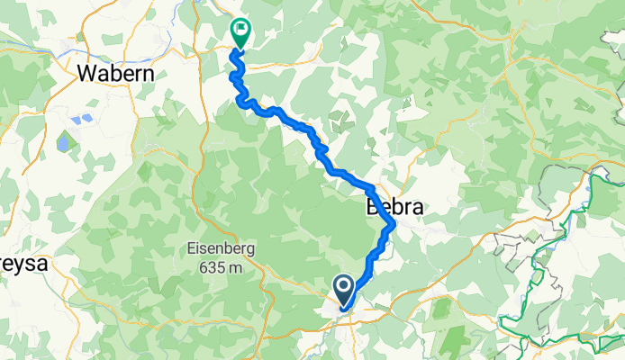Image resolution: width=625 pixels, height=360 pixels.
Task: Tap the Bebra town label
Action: pos(394,207)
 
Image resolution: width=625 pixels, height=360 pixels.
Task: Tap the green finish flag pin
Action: pos(241,31)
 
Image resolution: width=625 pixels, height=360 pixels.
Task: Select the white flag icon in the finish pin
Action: pos(241,29)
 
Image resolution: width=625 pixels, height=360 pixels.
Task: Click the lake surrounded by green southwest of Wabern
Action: pos(64,143)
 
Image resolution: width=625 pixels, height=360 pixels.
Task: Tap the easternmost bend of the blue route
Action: pos(393,222)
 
